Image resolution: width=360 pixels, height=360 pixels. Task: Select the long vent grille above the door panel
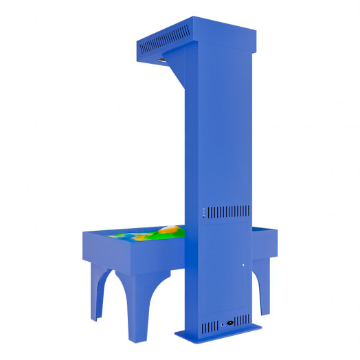[228, 211]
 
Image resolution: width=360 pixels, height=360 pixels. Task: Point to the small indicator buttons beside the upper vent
[203, 212]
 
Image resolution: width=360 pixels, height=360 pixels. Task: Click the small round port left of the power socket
[221, 323]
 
